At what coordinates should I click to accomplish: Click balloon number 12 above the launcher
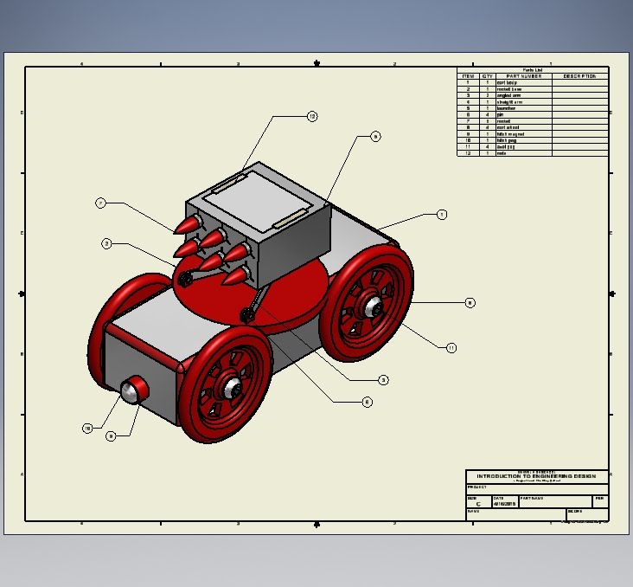[x=312, y=116]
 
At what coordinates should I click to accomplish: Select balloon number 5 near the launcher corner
[x=375, y=136]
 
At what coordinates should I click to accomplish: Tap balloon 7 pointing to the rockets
[x=101, y=203]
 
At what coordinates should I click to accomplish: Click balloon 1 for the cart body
[x=442, y=214]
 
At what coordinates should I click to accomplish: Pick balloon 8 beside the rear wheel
[x=470, y=303]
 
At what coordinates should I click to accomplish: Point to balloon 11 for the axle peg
[x=451, y=348]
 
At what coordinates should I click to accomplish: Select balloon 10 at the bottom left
[x=87, y=429]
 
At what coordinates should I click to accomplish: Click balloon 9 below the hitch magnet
[x=111, y=437]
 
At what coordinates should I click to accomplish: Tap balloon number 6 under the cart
[x=367, y=402]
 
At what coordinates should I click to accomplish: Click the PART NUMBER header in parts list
[x=524, y=76]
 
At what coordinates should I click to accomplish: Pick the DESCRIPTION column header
[x=579, y=76]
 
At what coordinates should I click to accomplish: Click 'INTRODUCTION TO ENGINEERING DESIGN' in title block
[x=536, y=476]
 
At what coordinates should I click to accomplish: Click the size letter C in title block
[x=478, y=504]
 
